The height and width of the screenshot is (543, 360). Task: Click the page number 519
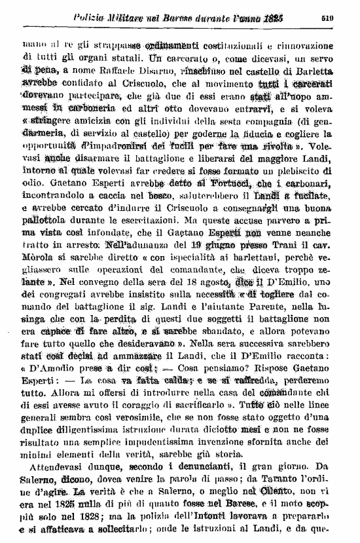click(x=328, y=18)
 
